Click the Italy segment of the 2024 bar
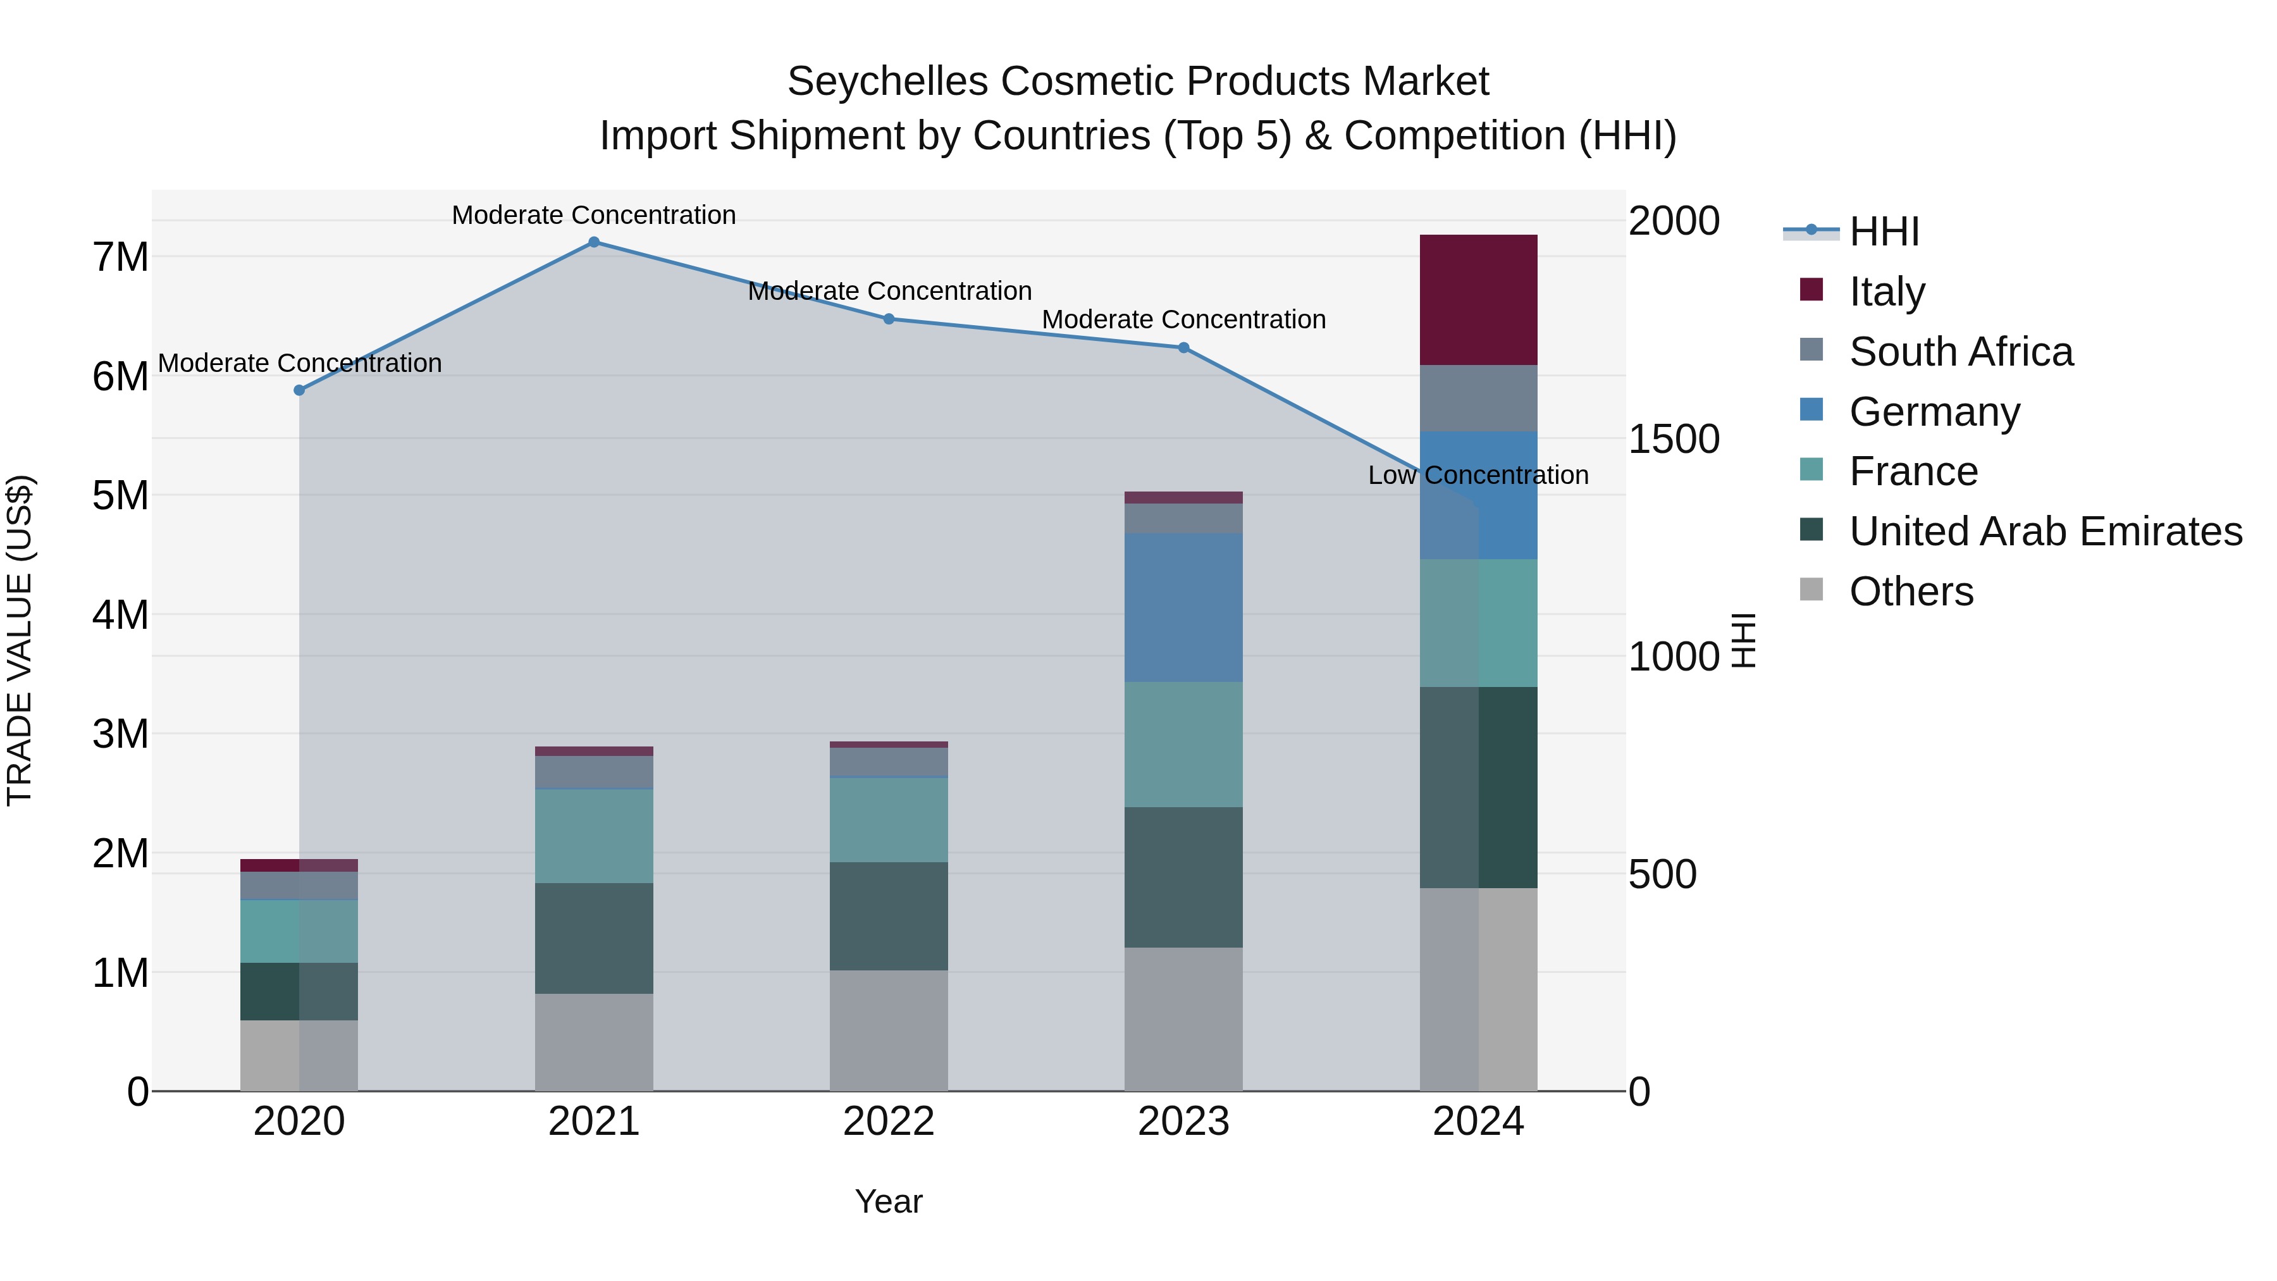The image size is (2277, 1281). [x=1478, y=300]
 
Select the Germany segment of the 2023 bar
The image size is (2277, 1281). [x=1183, y=607]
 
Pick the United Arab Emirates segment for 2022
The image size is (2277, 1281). [x=889, y=916]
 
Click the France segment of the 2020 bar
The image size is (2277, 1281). [x=299, y=931]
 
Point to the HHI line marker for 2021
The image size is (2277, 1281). [x=594, y=242]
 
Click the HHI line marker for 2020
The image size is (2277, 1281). [x=299, y=390]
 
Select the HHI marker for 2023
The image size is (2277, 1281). [x=1183, y=347]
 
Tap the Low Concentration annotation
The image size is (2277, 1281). [x=1478, y=476]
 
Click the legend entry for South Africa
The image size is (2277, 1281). [x=1961, y=352]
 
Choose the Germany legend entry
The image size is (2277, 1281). [x=1934, y=412]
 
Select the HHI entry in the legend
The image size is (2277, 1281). [x=1884, y=232]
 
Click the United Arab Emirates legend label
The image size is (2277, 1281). [x=2046, y=531]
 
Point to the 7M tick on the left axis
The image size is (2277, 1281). [x=120, y=257]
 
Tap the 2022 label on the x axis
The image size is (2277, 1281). [x=889, y=1122]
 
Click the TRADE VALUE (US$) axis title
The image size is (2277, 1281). [x=20, y=640]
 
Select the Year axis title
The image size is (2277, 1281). [x=889, y=1201]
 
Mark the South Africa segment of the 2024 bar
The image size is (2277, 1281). [x=1478, y=398]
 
